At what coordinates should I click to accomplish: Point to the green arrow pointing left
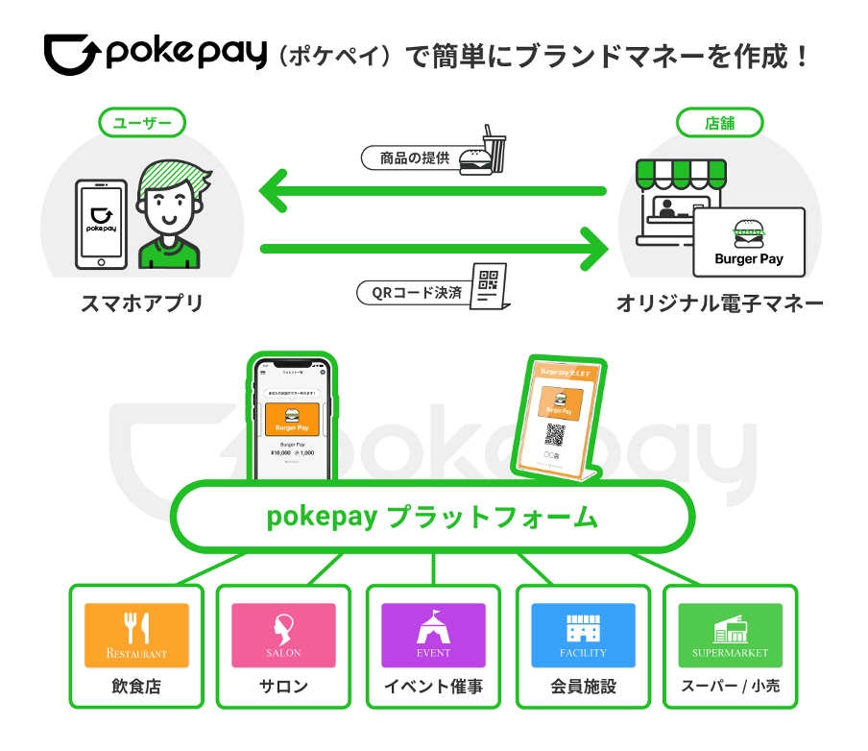click(432, 191)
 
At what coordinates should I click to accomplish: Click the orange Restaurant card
click(136, 635)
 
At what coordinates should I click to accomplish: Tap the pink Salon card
click(283, 635)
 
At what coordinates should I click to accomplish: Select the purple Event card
click(433, 635)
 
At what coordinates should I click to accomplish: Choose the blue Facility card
click(583, 635)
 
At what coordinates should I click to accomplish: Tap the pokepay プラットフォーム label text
click(432, 518)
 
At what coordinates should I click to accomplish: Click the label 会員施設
click(583, 686)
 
